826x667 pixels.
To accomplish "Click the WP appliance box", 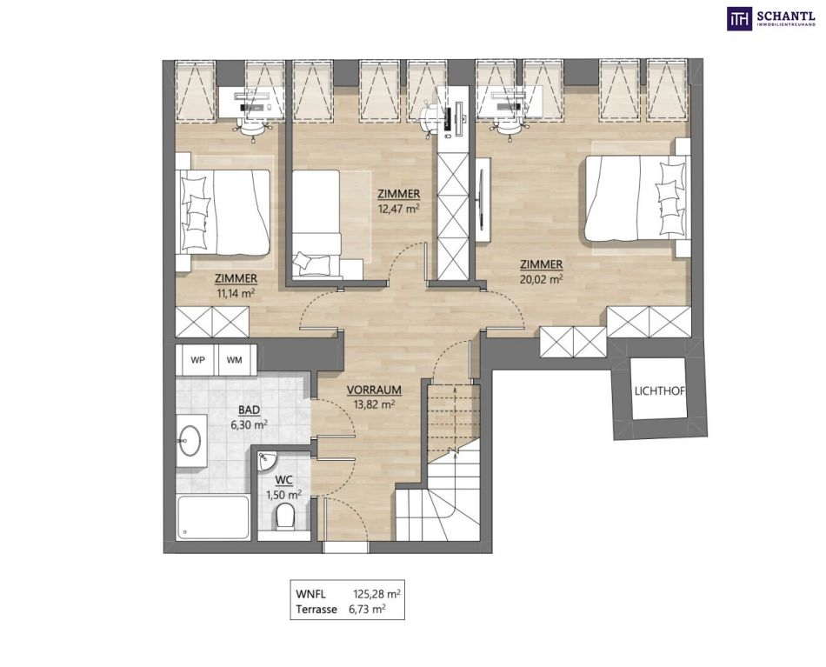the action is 197,360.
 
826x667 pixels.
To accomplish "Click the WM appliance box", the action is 235,360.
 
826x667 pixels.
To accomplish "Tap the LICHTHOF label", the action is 660,391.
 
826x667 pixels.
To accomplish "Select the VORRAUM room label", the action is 374,390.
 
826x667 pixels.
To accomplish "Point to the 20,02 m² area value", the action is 541,279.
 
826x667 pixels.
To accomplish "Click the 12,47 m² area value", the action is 398,208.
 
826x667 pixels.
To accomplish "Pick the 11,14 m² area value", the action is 236,293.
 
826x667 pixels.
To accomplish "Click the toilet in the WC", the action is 285,517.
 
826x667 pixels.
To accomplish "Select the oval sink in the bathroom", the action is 189,440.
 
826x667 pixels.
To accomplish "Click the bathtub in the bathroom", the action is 213,517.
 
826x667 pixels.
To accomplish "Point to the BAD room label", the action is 249,410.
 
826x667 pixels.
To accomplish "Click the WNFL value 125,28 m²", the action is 376,594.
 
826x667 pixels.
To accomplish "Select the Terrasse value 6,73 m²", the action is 367,610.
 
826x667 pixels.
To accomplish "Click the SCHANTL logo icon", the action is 740,18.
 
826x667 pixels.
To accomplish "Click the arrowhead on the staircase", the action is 454,390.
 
